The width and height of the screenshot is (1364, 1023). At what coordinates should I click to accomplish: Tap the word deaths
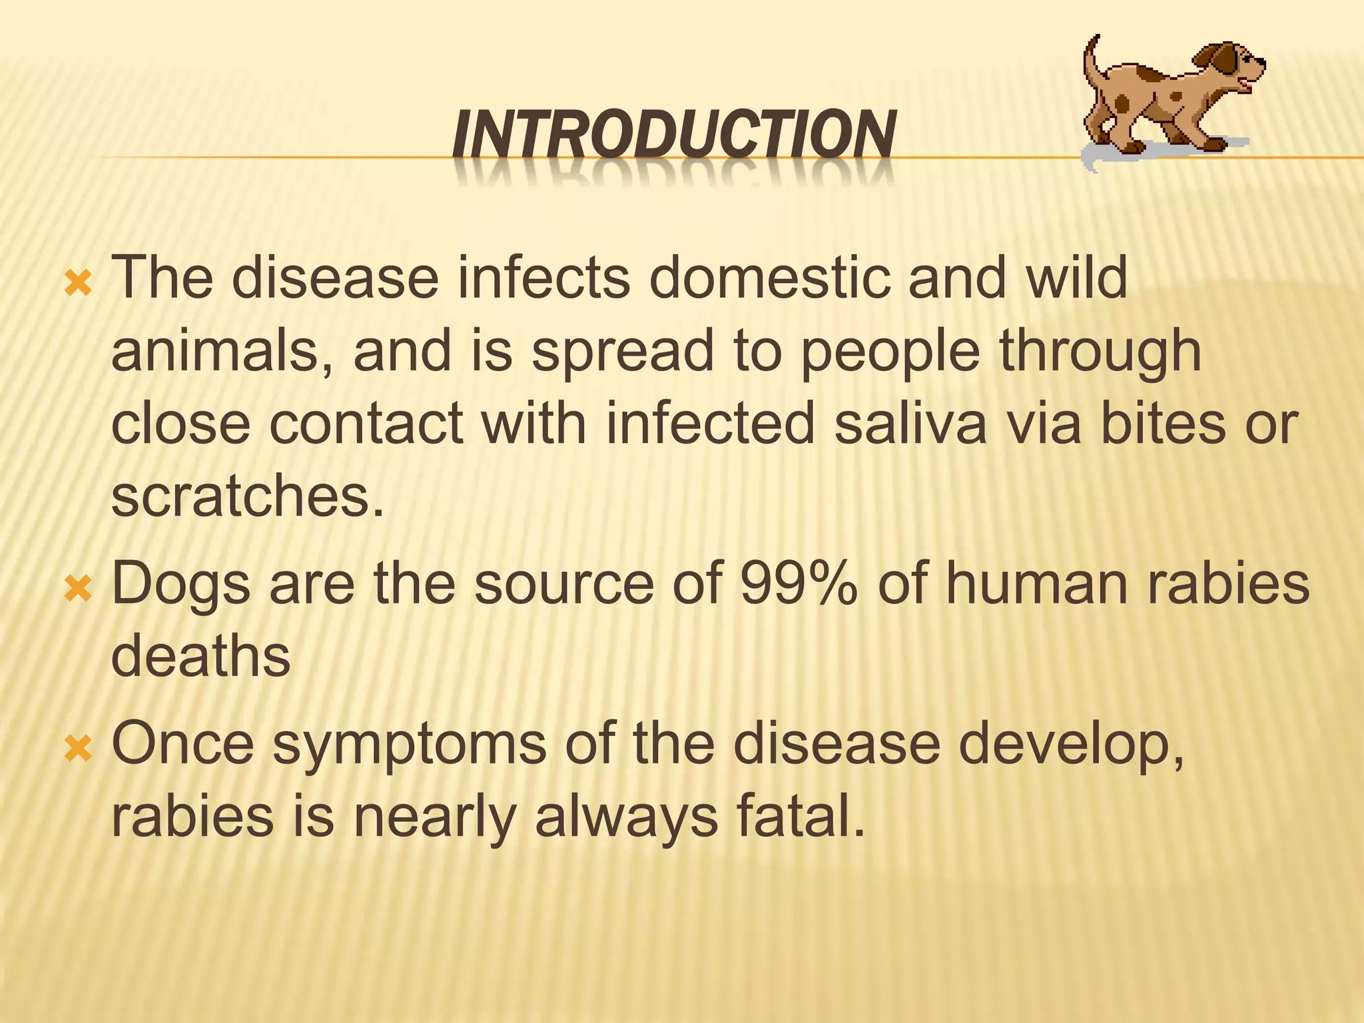[x=200, y=656]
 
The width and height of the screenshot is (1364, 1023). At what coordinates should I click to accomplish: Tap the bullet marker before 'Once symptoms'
[x=77, y=749]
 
